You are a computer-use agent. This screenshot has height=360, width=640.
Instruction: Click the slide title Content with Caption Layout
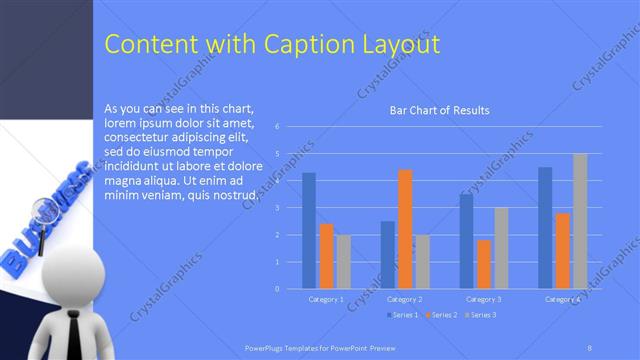[x=271, y=45]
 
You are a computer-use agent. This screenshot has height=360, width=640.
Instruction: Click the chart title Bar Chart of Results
[x=439, y=110]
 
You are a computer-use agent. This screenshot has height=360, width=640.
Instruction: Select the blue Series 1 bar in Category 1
[x=309, y=231]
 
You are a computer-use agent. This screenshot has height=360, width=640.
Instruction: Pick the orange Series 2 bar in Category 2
[x=405, y=229]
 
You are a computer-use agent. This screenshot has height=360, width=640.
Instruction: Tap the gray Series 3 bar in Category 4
[x=580, y=221]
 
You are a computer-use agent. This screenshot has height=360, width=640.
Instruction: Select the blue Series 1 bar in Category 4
[x=545, y=228]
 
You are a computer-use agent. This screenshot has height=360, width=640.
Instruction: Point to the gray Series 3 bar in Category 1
[x=344, y=261]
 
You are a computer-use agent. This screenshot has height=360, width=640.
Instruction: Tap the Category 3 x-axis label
[x=484, y=299]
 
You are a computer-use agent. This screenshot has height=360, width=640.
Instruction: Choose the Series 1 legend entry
[x=402, y=315]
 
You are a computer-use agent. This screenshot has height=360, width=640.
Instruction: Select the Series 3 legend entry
[x=480, y=315]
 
